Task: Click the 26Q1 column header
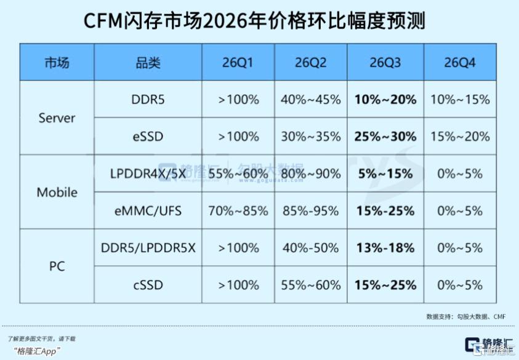pos(237,63)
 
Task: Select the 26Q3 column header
pos(385,63)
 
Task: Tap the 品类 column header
pos(148,63)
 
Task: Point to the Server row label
pos(57,118)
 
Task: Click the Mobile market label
pos(57,192)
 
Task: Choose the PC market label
pos(57,266)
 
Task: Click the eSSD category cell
pos(148,137)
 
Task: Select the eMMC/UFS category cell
pos(148,211)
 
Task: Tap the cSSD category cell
pos(148,285)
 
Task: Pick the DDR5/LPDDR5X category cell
pos(148,248)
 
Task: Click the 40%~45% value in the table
pos(311,100)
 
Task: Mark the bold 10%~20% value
pos(385,100)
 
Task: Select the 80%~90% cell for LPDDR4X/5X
pos(311,174)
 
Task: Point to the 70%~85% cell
pos(238,211)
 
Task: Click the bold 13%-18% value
pos(385,248)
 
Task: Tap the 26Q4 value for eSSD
pos(460,137)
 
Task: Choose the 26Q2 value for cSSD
pos(311,285)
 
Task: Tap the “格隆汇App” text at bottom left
pos(38,351)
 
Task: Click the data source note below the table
pos(466,317)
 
